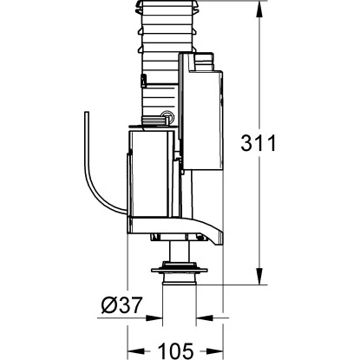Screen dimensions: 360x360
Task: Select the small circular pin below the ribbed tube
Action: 166,118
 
